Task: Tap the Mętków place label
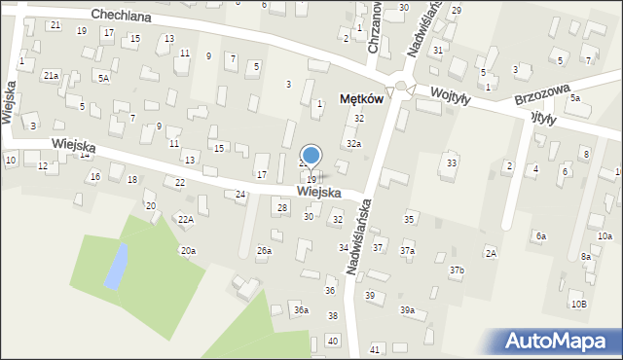(360, 98)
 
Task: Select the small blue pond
(116, 266)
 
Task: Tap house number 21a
(51, 75)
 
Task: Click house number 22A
(185, 220)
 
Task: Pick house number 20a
(187, 251)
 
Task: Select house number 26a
(264, 251)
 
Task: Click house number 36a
(302, 310)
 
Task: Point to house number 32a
(353, 144)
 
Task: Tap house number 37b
(457, 270)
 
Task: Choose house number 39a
(407, 310)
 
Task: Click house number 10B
(578, 304)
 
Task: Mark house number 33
(451, 162)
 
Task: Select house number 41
(375, 348)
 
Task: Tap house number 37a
(407, 251)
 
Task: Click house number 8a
(585, 257)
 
